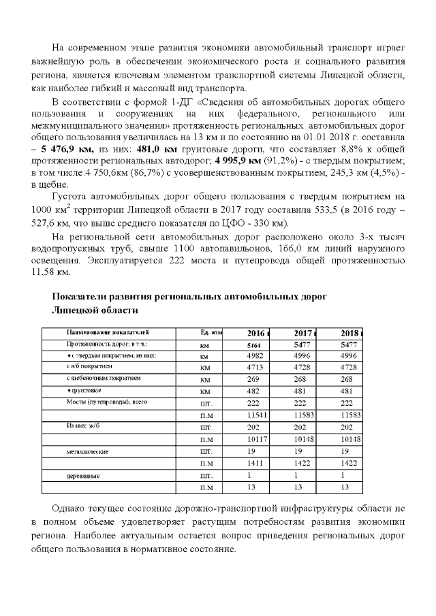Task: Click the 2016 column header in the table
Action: point(255,333)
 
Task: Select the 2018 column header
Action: point(349,333)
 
